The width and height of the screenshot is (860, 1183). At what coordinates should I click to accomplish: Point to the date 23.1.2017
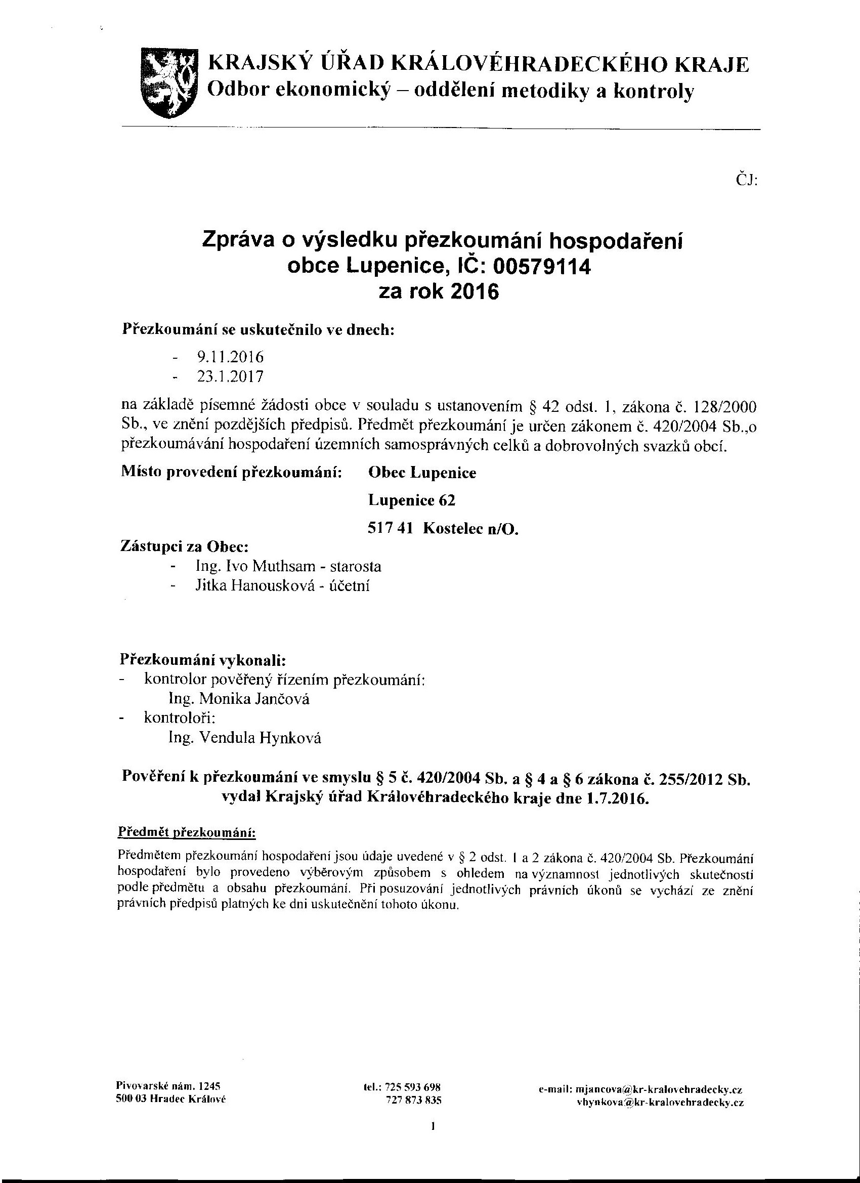[x=230, y=376]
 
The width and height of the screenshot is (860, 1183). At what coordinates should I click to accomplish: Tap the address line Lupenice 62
[x=411, y=500]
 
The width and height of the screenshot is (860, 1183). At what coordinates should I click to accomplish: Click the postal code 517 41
[x=391, y=528]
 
